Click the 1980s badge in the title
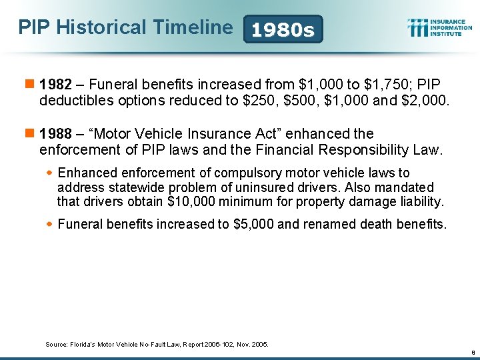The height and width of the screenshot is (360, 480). tap(284, 30)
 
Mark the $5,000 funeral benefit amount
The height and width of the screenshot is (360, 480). tap(253, 225)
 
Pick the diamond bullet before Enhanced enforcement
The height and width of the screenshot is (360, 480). tap(49, 173)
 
